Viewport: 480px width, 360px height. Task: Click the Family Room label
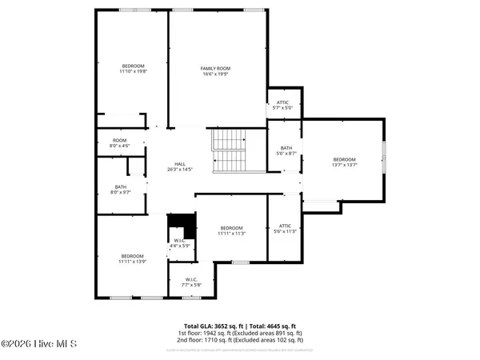[215, 69]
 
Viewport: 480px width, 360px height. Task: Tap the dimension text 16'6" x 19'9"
[215, 74]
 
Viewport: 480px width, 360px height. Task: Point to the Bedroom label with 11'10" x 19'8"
[133, 66]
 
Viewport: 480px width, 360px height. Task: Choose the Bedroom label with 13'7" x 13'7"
[344, 160]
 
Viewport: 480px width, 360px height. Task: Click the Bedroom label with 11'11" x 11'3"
[231, 228]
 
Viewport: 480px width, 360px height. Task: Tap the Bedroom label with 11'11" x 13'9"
[132, 256]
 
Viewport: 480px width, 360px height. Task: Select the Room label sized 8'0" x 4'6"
[120, 141]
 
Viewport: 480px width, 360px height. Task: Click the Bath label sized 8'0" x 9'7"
[120, 187]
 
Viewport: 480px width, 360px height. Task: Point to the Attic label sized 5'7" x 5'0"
[282, 102]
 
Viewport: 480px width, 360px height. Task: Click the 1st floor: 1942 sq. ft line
[240, 334]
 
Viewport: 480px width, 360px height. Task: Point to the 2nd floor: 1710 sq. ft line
[240, 341]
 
